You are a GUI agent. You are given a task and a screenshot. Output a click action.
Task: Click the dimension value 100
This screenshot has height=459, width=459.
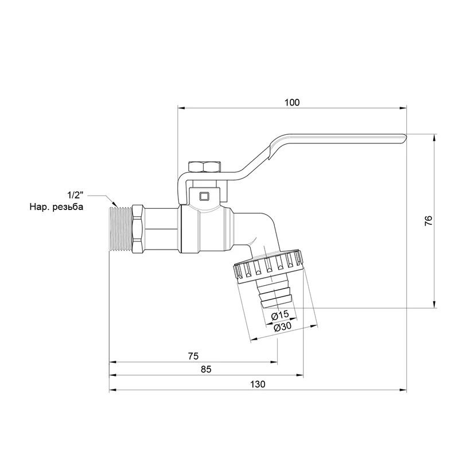tap(292, 103)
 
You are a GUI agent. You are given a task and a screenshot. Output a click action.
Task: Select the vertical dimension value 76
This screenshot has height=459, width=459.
tap(428, 220)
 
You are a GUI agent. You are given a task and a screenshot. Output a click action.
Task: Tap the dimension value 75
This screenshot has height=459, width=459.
tap(193, 356)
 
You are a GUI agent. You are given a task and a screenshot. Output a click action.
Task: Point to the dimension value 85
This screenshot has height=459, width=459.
tap(206, 369)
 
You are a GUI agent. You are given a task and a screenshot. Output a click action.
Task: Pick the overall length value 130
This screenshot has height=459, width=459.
tap(258, 384)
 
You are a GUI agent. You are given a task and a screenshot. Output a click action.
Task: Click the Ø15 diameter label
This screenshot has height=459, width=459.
tap(280, 315)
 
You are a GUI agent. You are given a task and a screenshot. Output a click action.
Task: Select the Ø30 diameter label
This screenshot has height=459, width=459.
tap(283, 326)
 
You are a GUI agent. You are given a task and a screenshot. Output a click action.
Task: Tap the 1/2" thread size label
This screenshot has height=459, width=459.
tap(76, 195)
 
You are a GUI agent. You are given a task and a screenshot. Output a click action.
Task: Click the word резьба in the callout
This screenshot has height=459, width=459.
tap(68, 207)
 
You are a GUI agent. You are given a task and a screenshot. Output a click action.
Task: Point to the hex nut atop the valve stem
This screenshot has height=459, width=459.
tap(205, 166)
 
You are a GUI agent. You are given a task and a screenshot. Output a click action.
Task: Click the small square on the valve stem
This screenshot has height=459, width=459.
tap(204, 196)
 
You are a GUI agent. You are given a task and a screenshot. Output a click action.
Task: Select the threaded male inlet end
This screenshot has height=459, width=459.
tap(120, 229)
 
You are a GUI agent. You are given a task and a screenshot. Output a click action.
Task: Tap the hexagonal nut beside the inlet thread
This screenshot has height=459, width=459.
tap(138, 229)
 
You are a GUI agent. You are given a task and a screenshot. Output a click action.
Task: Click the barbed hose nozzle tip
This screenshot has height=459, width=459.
tap(275, 297)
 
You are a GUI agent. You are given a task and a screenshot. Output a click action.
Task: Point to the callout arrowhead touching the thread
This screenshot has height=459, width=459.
tap(114, 204)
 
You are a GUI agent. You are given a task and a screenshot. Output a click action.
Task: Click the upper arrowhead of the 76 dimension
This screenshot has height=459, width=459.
tap(435, 138)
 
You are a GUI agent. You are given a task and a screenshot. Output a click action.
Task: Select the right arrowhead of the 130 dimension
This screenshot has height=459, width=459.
tap(403, 390)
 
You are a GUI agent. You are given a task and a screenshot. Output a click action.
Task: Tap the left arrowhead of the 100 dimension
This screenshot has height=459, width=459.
tap(181, 108)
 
